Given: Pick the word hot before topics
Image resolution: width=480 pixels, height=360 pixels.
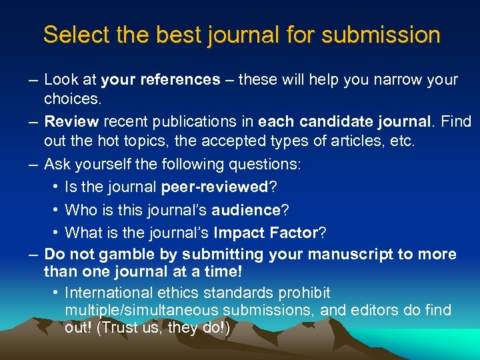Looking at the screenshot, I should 126,141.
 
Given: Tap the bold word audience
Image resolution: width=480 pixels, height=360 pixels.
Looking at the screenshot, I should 245,210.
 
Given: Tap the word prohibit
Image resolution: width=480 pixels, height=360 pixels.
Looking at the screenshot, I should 305,293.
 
